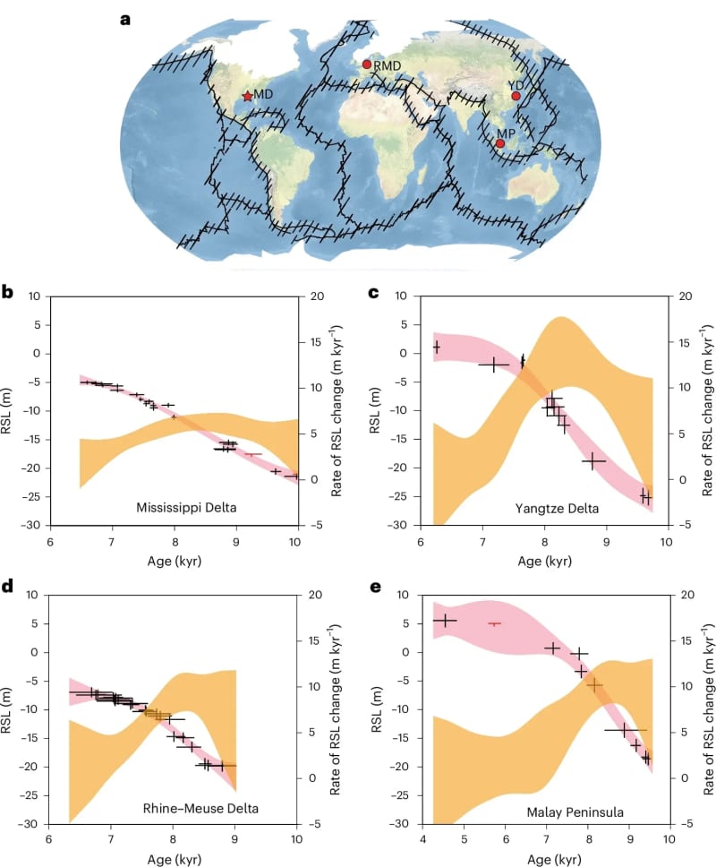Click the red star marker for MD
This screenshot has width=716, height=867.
(247, 96)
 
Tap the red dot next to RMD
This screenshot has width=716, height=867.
(366, 64)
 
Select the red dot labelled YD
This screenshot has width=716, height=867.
(516, 96)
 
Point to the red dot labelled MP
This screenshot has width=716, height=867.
(500, 143)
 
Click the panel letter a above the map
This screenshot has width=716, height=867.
(125, 18)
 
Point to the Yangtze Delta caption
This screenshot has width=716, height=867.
(558, 509)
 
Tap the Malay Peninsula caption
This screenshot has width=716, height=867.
(573, 812)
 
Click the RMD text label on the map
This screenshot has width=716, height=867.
(388, 65)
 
